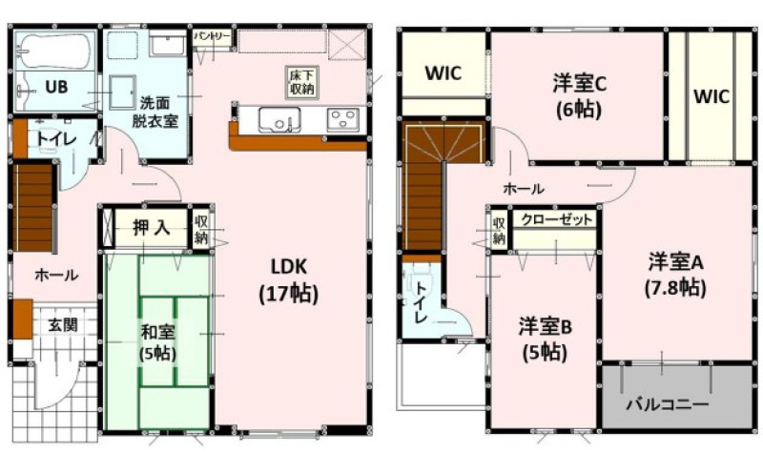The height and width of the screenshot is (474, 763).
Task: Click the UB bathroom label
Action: (56, 87)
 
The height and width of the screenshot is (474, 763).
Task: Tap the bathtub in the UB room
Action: (54, 51)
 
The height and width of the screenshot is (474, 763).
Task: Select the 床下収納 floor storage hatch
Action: (301, 82)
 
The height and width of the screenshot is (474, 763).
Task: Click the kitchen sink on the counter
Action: (279, 120)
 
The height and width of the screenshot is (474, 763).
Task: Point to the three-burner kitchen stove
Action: (343, 119)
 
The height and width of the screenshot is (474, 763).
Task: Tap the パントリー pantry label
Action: (213, 37)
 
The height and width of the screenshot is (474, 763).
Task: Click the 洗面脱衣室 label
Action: (155, 112)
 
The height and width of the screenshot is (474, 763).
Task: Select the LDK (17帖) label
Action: (289, 280)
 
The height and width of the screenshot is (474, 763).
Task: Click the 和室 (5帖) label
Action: (157, 342)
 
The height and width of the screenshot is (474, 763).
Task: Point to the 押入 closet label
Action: (151, 228)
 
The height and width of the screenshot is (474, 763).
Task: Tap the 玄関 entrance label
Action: (63, 324)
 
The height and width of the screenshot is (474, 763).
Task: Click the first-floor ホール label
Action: (56, 275)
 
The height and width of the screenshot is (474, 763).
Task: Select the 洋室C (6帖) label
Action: (579, 97)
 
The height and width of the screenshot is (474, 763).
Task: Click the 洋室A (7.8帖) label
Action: (676, 275)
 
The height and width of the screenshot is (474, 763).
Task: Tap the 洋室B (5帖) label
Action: (545, 340)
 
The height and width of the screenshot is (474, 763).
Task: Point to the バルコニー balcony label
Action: (667, 404)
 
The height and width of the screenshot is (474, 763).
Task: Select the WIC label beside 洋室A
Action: (711, 96)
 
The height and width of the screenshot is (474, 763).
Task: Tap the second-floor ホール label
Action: (524, 188)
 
